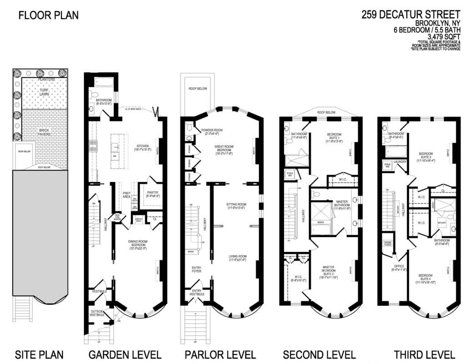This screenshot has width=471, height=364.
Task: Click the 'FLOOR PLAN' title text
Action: point(48,15)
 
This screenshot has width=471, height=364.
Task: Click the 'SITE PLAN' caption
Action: point(39,354)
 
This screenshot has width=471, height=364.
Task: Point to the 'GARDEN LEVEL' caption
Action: point(125,354)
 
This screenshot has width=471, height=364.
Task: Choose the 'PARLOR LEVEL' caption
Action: point(220,354)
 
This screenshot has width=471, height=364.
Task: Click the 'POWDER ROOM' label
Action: point(210,130)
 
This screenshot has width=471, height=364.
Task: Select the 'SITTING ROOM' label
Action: point(236,205)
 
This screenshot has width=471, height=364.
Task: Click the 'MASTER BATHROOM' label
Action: point(336,203)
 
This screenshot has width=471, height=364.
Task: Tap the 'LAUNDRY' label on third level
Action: point(400,161)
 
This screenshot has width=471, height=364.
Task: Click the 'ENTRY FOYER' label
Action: point(197,269)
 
